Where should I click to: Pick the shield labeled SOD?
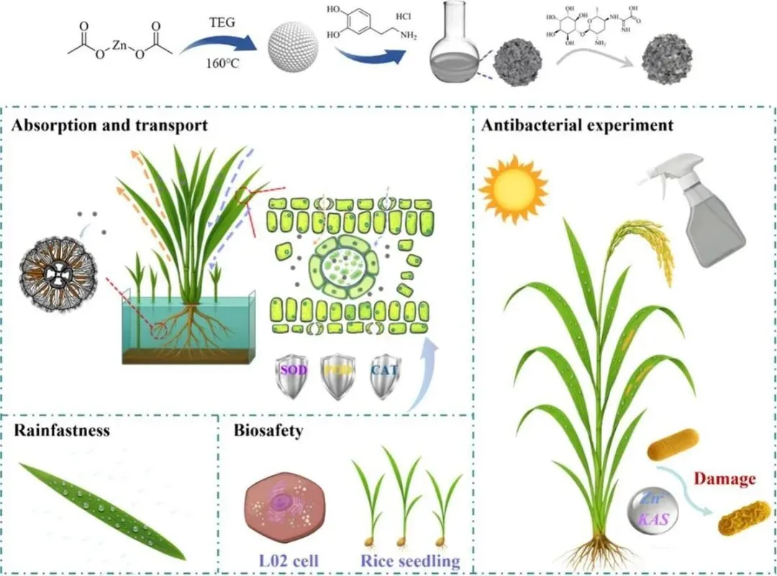[x=277, y=375]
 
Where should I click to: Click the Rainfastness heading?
[x=62, y=431]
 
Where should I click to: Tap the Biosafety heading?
[x=268, y=431]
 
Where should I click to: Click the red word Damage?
[x=724, y=479]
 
